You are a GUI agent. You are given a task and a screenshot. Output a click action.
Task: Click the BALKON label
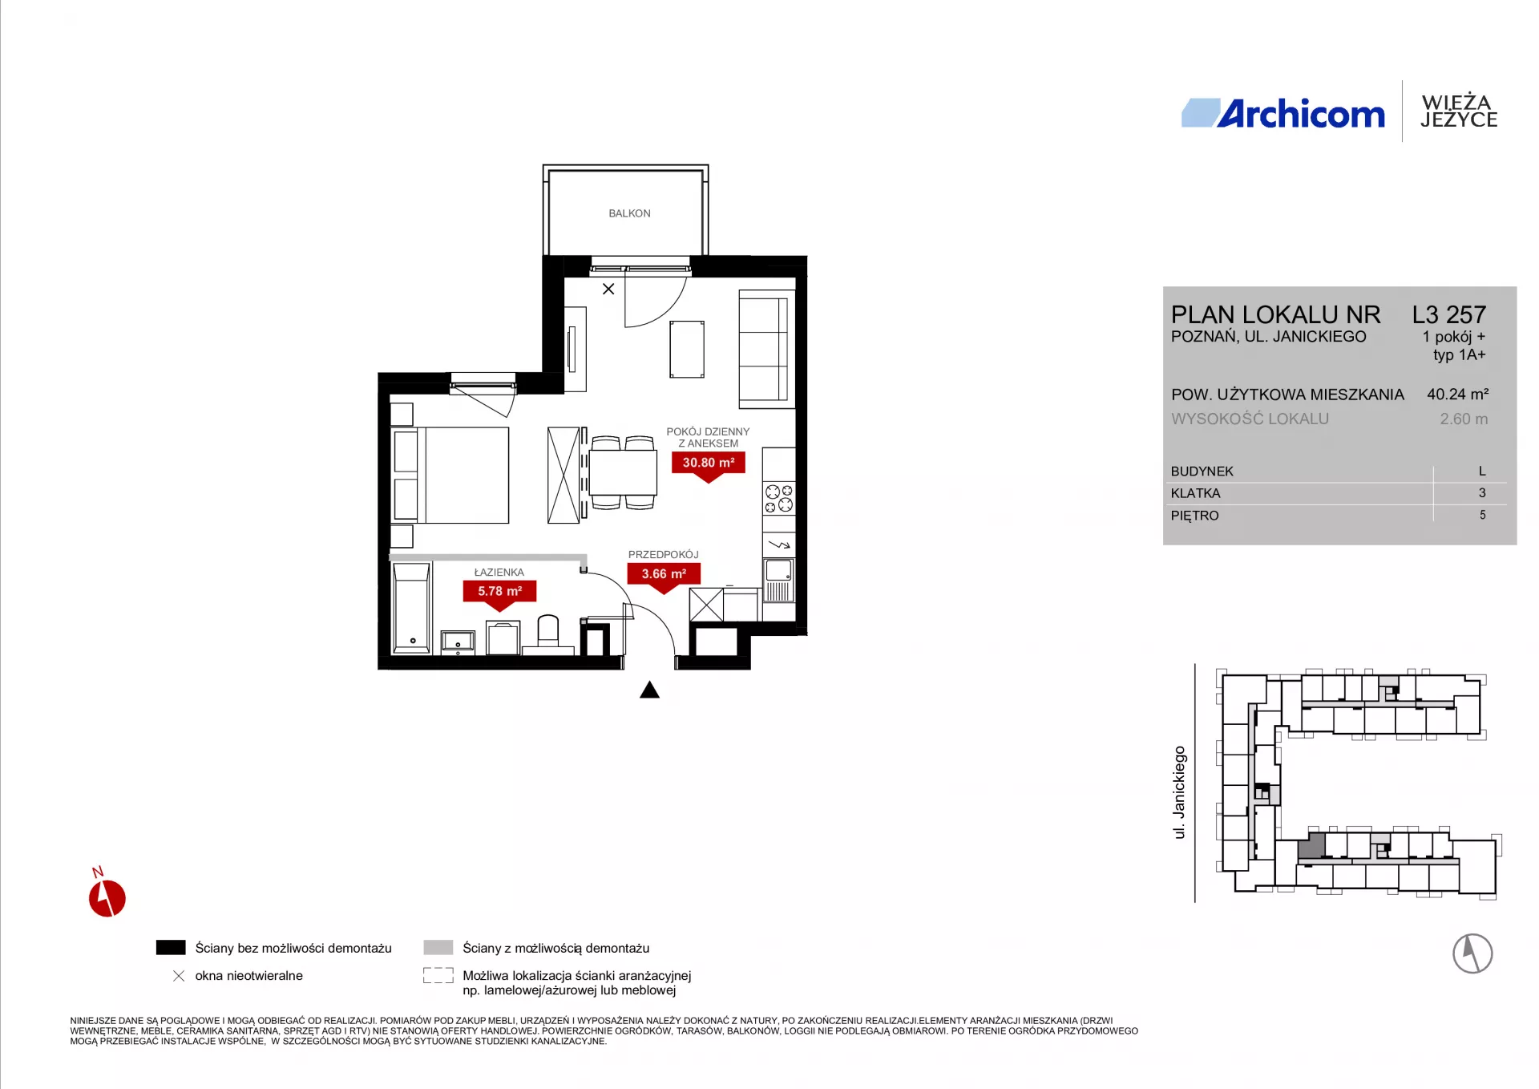click(x=629, y=213)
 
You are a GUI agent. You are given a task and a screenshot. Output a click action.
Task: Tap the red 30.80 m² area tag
click(x=709, y=466)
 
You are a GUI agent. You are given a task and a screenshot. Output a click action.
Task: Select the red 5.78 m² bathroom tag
click(x=500, y=594)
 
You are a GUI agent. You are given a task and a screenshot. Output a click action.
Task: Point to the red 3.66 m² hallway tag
click(x=664, y=577)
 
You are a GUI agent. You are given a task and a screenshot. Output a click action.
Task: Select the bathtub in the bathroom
click(x=412, y=607)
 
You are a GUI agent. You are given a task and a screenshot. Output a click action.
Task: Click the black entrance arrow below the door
click(x=649, y=690)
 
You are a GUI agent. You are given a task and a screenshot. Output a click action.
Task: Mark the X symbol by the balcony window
click(x=608, y=289)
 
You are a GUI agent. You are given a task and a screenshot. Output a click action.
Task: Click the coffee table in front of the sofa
click(x=687, y=349)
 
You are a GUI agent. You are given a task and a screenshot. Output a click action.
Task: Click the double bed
click(x=450, y=476)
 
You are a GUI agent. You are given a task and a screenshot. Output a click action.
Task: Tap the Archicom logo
click(x=1283, y=114)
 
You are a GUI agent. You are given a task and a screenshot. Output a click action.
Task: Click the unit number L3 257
click(x=1449, y=314)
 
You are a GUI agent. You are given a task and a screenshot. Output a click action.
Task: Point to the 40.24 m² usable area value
click(x=1458, y=394)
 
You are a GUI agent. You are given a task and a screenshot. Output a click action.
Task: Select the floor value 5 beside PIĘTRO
click(x=1482, y=515)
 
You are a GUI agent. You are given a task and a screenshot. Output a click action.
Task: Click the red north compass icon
click(x=107, y=897)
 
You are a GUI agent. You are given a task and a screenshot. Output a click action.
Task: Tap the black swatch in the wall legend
click(x=171, y=948)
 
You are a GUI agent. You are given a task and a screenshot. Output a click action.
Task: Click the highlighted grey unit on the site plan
click(x=1311, y=846)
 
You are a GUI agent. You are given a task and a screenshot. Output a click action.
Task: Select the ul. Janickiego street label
click(x=1179, y=792)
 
